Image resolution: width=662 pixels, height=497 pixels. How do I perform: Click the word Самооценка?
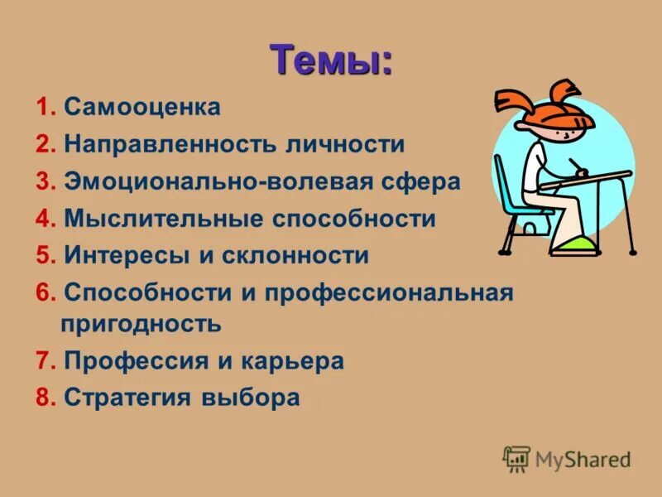[x=142, y=107]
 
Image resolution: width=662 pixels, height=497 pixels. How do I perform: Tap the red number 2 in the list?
[x=42, y=144]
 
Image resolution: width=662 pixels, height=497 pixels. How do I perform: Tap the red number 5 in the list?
[x=42, y=256]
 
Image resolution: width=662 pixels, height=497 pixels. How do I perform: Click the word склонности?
[x=295, y=256]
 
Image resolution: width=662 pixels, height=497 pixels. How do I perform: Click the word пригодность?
[x=142, y=323]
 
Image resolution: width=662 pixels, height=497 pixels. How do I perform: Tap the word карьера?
[x=293, y=360]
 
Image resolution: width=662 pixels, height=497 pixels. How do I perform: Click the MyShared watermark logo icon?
[x=516, y=458]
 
